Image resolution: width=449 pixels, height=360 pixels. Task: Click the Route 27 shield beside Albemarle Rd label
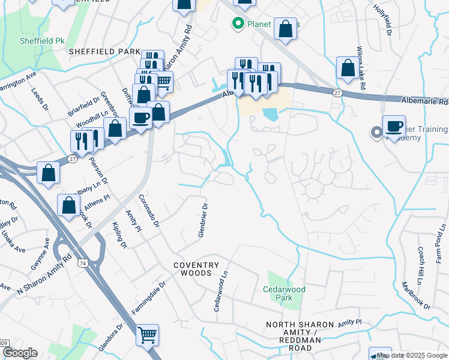[337, 92]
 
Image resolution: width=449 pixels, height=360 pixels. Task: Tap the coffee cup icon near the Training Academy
[394, 127]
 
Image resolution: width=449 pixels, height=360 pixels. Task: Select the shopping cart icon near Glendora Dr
[147, 335]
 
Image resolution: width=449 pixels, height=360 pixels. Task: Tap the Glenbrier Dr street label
[203, 220]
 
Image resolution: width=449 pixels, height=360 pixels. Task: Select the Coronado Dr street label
[149, 211]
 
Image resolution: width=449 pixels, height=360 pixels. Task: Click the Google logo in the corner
[19, 353]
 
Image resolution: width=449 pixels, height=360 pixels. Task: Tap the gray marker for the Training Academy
[377, 133]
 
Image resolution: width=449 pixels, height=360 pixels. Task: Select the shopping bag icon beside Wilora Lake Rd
[348, 68]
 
